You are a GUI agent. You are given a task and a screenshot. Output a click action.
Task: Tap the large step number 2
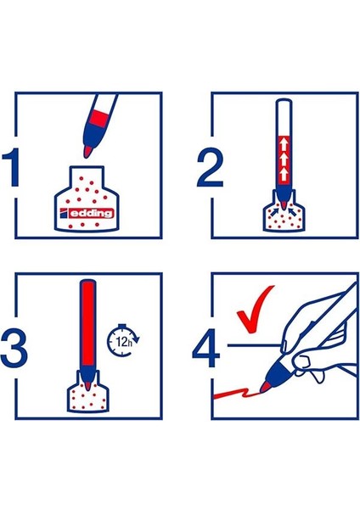coord(210,168)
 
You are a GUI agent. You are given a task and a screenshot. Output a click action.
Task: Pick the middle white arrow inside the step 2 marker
coord(283,158)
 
